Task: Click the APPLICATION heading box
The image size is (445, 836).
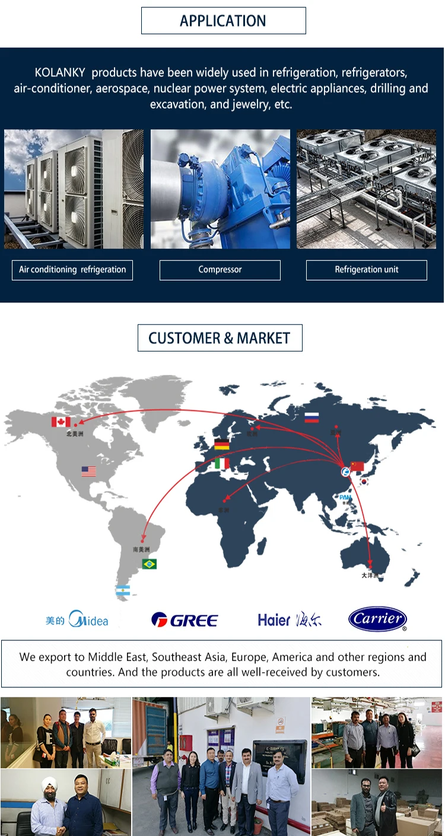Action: pyautogui.click(x=223, y=21)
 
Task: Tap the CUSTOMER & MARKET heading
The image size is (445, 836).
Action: pyautogui.click(x=220, y=338)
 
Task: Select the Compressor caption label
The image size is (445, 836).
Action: pyautogui.click(x=220, y=270)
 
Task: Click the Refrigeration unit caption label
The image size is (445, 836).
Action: pyautogui.click(x=366, y=270)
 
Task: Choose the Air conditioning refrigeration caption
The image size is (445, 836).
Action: pyautogui.click(x=72, y=270)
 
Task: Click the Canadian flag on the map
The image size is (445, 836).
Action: pyautogui.click(x=61, y=422)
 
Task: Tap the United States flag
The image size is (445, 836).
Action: pyautogui.click(x=89, y=471)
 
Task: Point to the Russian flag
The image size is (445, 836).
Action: pyautogui.click(x=311, y=417)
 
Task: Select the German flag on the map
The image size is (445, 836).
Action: pyautogui.click(x=222, y=445)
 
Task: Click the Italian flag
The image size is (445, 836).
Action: pyautogui.click(x=222, y=463)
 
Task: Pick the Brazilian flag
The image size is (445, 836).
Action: pyautogui.click(x=149, y=564)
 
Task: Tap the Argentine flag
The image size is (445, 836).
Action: pyautogui.click(x=123, y=591)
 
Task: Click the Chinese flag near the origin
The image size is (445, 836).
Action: pyautogui.click(x=357, y=466)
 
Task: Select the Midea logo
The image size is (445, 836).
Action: pyautogui.click(x=77, y=620)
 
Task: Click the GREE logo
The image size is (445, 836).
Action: pyautogui.click(x=185, y=620)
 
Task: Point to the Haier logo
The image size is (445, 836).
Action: pyautogui.click(x=290, y=620)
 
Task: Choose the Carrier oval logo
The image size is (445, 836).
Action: pyautogui.click(x=377, y=619)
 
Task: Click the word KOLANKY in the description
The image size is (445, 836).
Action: pyautogui.click(x=60, y=73)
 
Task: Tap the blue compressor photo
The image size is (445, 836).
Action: pyautogui.click(x=220, y=189)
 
